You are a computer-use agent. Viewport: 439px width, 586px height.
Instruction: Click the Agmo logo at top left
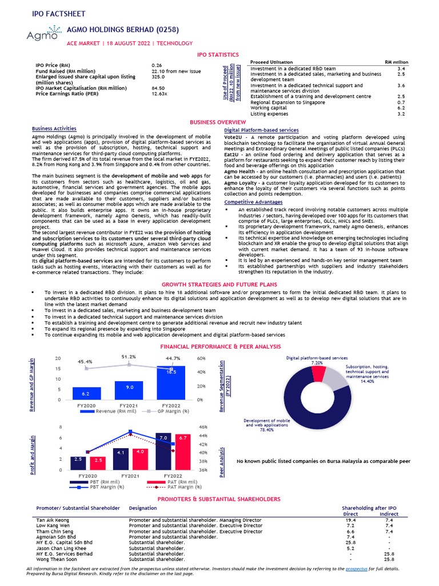(x=42, y=35)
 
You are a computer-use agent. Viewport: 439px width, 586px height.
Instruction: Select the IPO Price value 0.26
(x=157, y=66)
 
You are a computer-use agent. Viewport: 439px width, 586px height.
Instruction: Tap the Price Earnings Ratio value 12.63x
(x=159, y=93)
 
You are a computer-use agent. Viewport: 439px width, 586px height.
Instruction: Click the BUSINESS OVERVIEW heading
(x=218, y=122)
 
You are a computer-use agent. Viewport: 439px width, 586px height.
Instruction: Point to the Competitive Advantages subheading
(x=252, y=202)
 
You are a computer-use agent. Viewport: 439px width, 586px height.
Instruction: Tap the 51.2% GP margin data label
(x=129, y=357)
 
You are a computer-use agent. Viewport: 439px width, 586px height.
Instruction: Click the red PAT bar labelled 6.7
(x=183, y=452)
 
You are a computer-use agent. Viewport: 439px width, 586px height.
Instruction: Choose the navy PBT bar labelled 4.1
(x=121, y=458)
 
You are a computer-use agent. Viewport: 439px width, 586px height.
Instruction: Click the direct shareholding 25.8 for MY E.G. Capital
(x=351, y=543)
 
